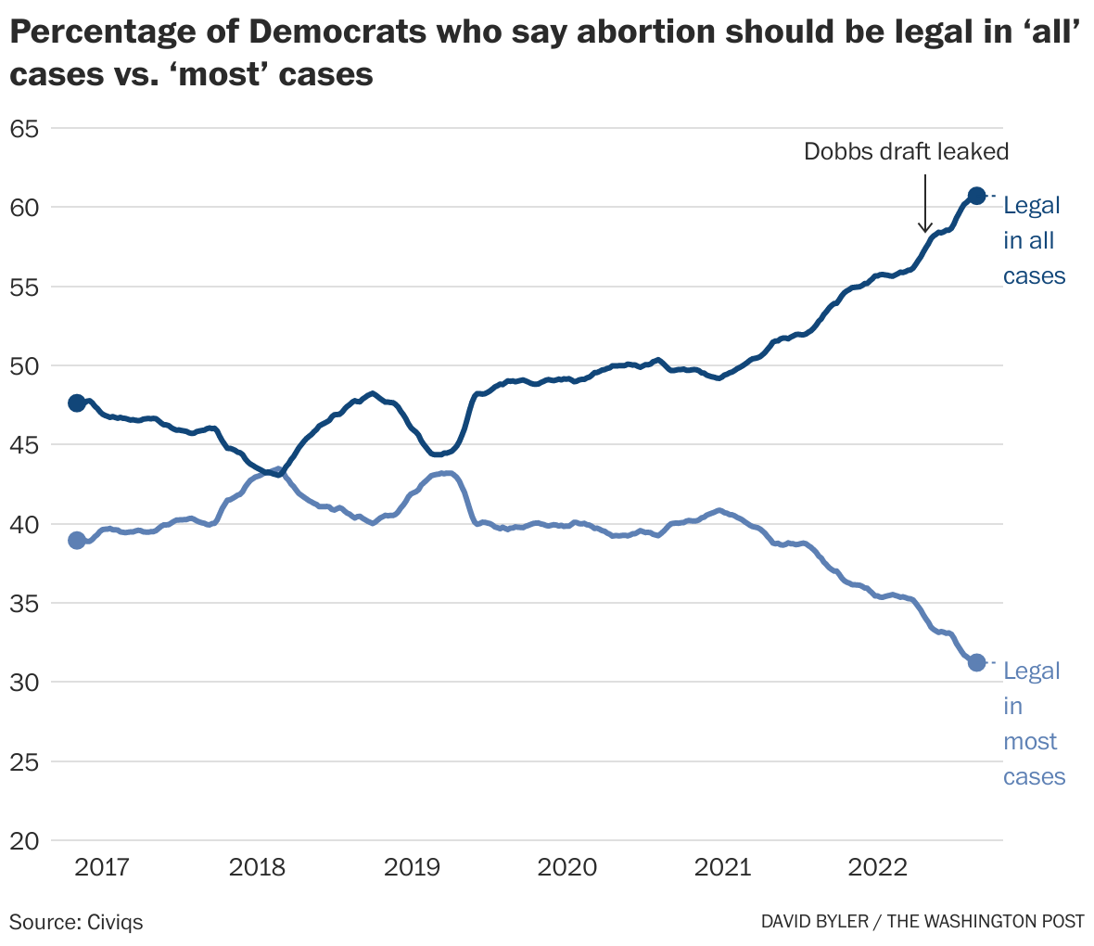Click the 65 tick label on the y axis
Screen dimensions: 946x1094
point(24,128)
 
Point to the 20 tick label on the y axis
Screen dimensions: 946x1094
point(24,841)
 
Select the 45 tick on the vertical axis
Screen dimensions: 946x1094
point(24,445)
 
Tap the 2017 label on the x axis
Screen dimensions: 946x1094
point(103,868)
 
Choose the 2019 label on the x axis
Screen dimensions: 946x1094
point(413,868)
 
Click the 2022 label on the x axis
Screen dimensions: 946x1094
point(877,868)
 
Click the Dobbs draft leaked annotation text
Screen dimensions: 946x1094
point(906,152)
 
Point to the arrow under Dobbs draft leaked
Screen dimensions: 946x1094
point(924,200)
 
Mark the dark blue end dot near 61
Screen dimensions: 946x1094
point(976,196)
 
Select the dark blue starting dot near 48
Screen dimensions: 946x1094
point(77,403)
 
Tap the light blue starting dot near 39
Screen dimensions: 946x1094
point(77,540)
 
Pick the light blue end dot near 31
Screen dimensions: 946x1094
point(976,662)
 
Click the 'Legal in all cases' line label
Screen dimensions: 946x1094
point(1033,241)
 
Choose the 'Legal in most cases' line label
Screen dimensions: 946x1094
point(1033,724)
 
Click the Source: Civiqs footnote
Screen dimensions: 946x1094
point(76,922)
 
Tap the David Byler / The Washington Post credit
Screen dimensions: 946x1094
point(922,922)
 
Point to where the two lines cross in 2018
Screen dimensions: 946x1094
point(272,473)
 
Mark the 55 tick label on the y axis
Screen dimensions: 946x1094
point(24,287)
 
